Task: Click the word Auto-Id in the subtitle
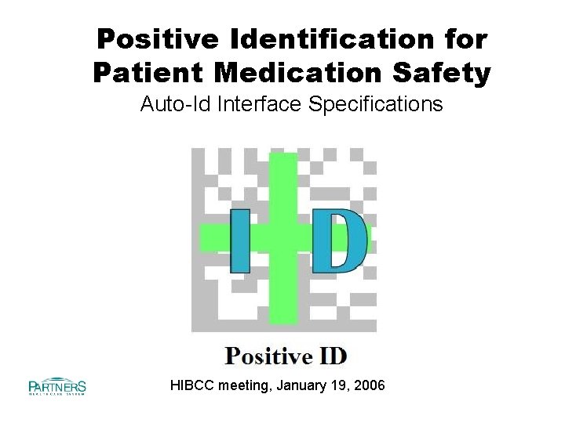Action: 171,104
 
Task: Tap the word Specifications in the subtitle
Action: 376,104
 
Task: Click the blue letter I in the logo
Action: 240,240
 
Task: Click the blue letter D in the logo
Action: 339,240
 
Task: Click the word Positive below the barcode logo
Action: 269,357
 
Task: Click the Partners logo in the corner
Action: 56,386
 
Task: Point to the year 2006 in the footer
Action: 369,385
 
